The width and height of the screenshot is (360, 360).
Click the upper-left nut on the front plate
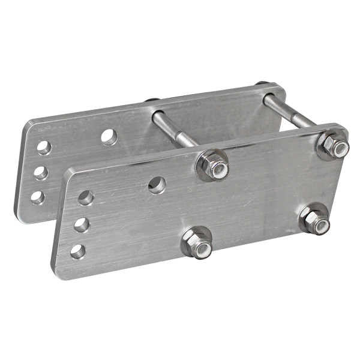pos(212,164)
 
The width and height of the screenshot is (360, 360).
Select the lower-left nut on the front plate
pos(197,241)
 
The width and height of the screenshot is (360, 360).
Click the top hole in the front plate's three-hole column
pos(85,197)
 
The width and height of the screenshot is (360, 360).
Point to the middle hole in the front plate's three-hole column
pos(81,225)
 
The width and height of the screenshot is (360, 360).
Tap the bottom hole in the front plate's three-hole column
pos(77,251)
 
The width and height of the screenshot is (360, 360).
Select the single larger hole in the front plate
pos(157,184)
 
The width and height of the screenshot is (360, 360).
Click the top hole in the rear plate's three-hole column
pos(44,146)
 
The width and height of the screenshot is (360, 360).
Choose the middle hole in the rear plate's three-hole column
pos(40,172)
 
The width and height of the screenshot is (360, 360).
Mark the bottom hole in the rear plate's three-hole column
pos(37,197)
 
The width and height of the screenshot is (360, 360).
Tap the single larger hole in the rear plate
pos(109,136)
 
